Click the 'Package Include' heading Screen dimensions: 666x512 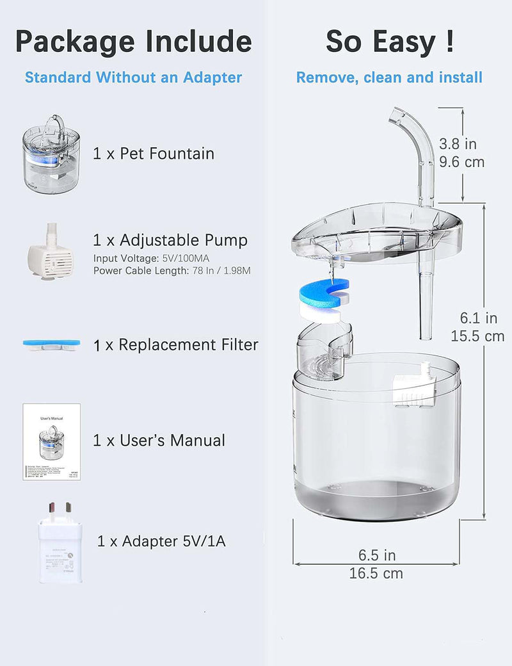[133, 42]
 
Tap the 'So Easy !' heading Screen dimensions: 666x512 [390, 42]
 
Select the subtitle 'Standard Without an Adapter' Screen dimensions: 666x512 [133, 77]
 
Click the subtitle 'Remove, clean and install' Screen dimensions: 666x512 [389, 77]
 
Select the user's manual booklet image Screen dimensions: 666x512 [51, 441]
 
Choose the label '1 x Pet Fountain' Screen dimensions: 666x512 [154, 154]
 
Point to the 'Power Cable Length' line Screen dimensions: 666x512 [172, 270]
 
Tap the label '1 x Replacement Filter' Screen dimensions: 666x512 [175, 345]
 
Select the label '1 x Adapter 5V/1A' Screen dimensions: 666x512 [161, 541]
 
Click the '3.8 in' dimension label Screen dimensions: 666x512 [458, 144]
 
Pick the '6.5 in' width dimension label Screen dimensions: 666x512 [376, 555]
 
